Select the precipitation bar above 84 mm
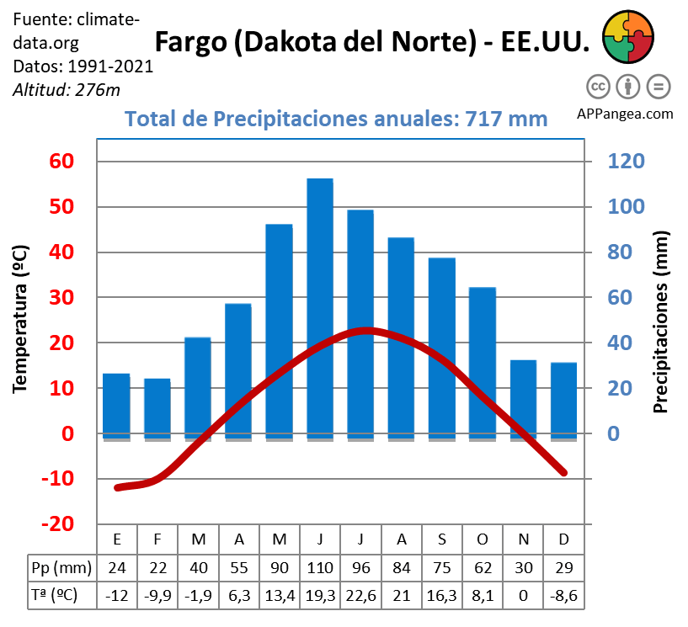pos(401,337)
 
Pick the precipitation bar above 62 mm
pos(482,363)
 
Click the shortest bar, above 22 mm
pos(157,408)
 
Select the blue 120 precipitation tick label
pos(621,162)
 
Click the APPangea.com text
pos(626,114)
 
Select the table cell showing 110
pos(320,567)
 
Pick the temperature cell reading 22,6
pos(360,595)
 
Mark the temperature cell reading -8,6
pos(563,595)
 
